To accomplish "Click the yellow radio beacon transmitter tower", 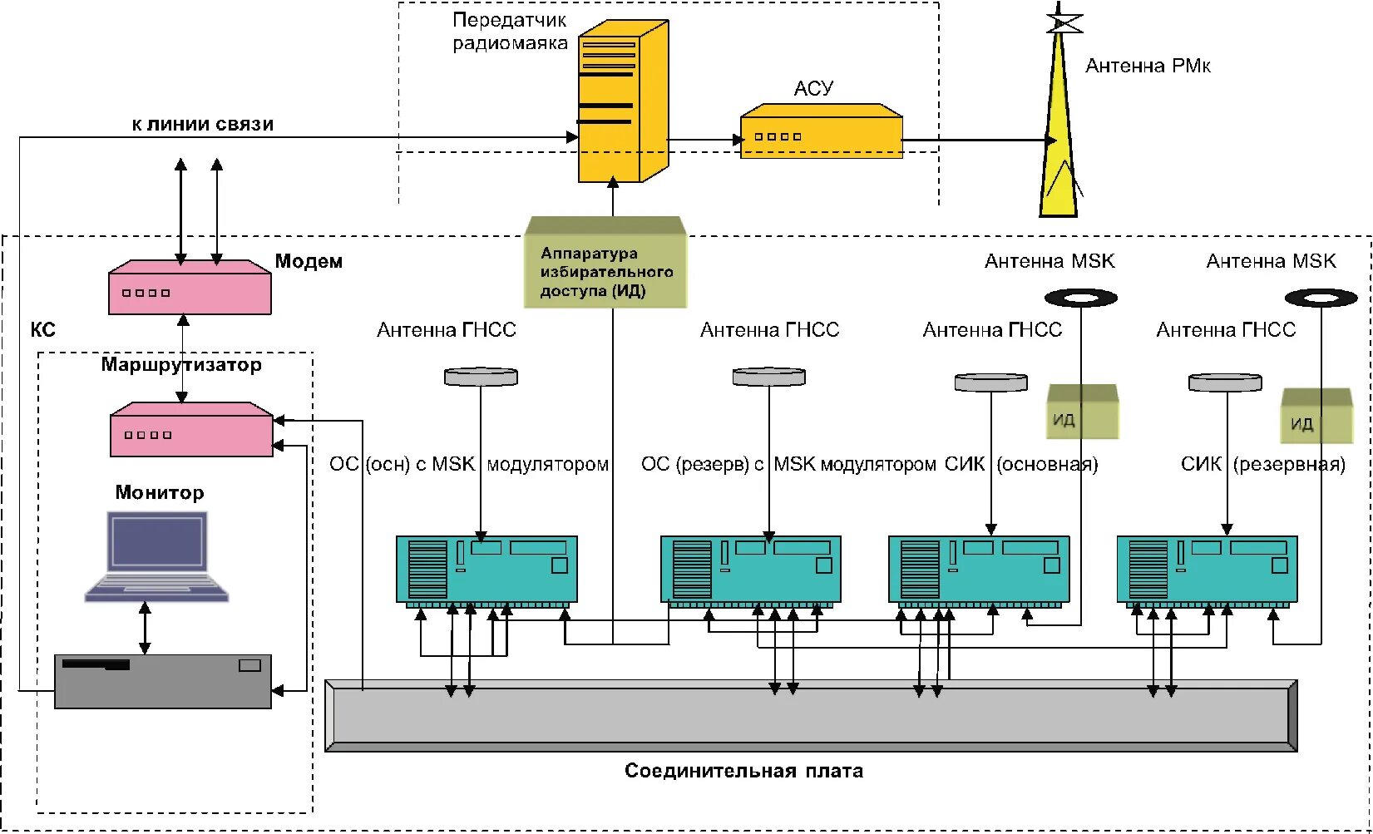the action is point(623,101).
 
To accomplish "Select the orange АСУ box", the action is point(822,131).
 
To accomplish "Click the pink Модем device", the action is point(190,288).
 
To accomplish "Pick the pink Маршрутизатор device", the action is point(191,430).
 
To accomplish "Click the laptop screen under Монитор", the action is point(157,541).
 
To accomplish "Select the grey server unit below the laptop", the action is point(163,681).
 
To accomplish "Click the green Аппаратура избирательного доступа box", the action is point(605,262).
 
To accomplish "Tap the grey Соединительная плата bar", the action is point(811,716).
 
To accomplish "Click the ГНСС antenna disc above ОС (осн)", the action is point(481,376).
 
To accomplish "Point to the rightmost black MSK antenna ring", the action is point(1321,299).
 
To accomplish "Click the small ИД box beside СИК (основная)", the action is point(1083,411).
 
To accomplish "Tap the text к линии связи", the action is point(203,125).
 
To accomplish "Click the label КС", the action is point(43,329).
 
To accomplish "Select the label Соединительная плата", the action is point(743,770).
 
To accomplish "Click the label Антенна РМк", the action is point(1148,66).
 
